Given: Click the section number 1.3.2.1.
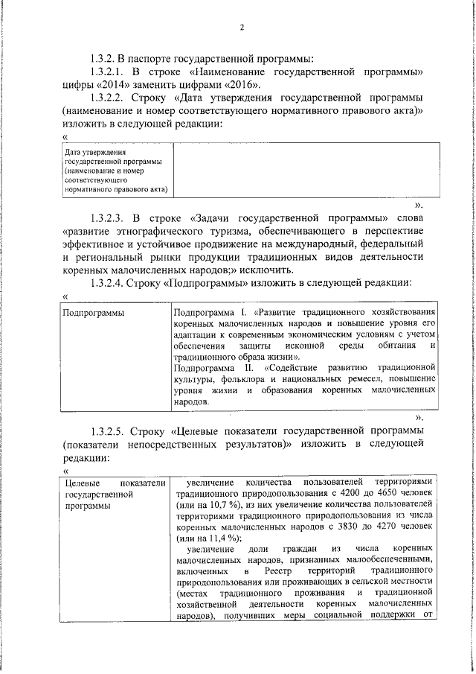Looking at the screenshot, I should pyautogui.click(x=106, y=71).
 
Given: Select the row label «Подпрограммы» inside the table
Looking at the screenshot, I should pyautogui.click(x=93, y=314).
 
